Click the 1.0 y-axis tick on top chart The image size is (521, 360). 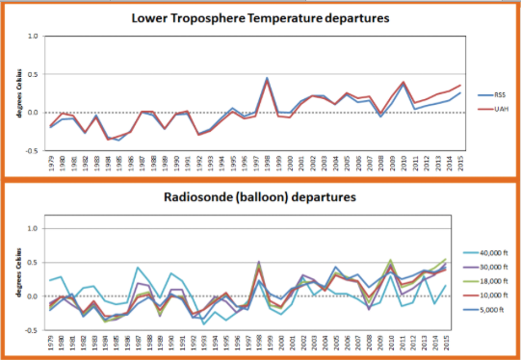click(34, 37)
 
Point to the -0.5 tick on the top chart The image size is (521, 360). click(32, 149)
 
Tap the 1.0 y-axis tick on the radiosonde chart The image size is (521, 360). click(34, 228)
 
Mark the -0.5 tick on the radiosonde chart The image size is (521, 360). click(32, 328)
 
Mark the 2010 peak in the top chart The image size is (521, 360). click(403, 83)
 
